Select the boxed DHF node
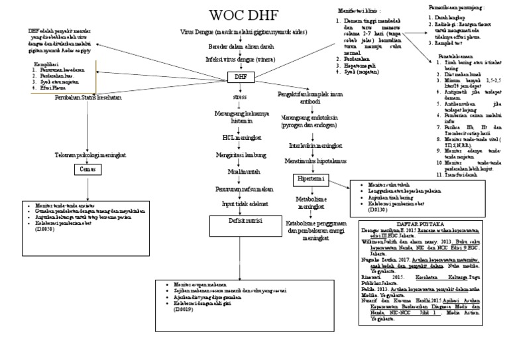point(237,78)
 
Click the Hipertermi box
point(310,180)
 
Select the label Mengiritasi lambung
point(237,155)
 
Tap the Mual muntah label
point(237,172)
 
